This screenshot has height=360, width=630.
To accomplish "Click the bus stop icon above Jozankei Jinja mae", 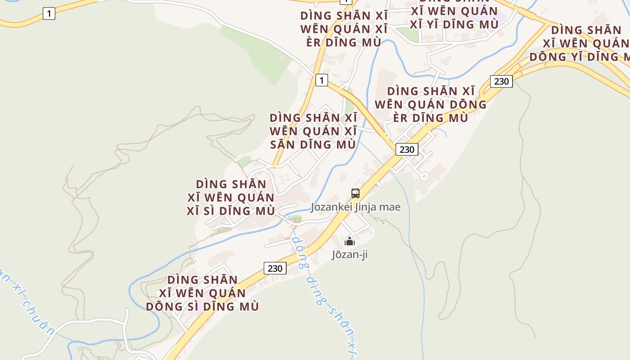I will point(355,193).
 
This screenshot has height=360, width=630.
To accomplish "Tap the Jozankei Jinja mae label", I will point(355,207).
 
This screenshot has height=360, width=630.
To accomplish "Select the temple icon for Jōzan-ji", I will point(350,242).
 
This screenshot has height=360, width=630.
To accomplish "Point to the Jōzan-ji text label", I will point(350,255).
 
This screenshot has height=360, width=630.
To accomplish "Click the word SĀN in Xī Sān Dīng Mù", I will point(282,145).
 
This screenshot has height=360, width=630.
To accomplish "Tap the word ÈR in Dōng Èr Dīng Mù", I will point(401,118).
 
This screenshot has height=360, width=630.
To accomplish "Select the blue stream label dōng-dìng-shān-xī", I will point(322,292).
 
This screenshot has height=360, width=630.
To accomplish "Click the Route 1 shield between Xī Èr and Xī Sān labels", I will point(321,81).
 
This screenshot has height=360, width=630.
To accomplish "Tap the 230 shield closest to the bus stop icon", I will point(407,149).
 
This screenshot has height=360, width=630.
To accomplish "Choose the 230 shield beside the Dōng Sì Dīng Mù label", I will point(275,269).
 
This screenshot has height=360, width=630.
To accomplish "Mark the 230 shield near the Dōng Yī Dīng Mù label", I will point(501,81).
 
